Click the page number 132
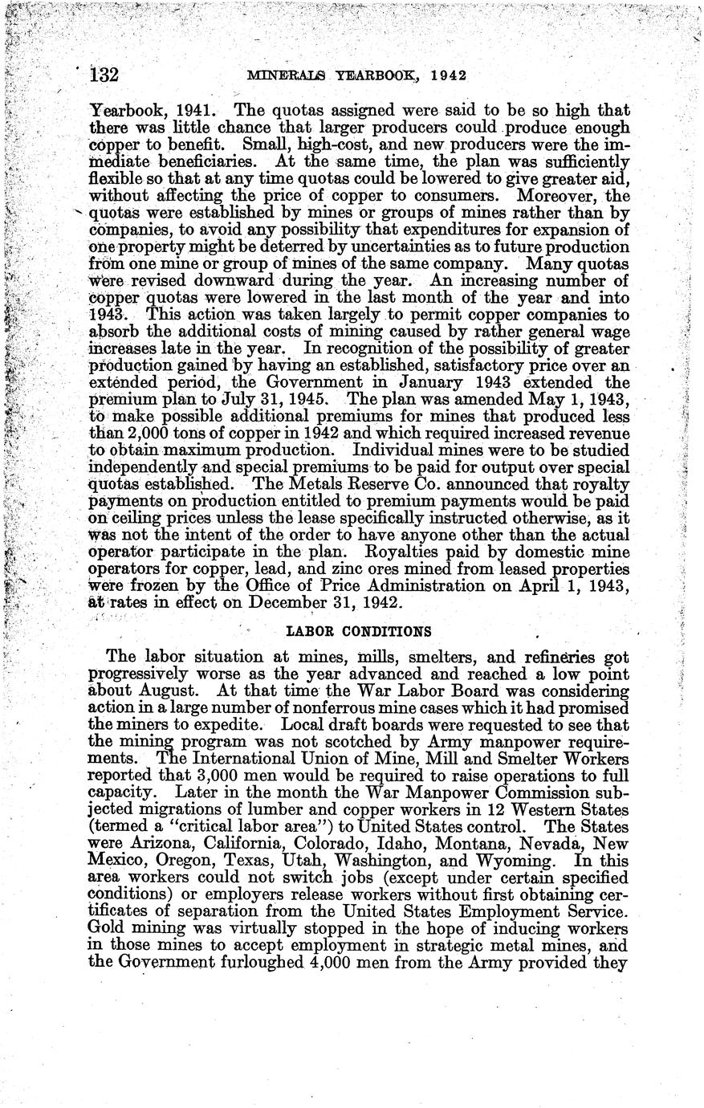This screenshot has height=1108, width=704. (104, 75)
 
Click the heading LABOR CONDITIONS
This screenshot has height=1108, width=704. (351, 630)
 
